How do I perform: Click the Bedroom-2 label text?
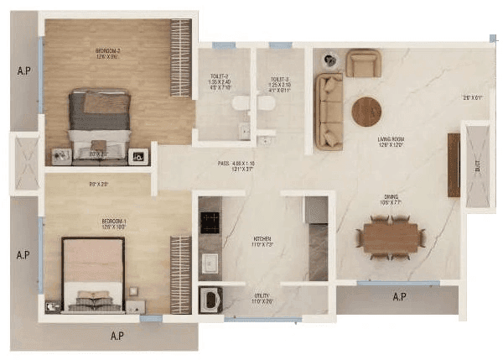[x=108, y=52]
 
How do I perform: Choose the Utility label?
[x=263, y=296]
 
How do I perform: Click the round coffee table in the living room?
[x=366, y=111]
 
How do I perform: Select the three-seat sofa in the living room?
[x=329, y=112]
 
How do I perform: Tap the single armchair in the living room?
[x=363, y=63]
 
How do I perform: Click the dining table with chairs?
[x=390, y=237]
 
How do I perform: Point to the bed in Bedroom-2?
[x=100, y=122]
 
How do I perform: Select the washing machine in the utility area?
[x=210, y=300]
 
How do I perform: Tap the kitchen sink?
[x=210, y=263]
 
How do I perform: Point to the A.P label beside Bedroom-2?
[x=23, y=70]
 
